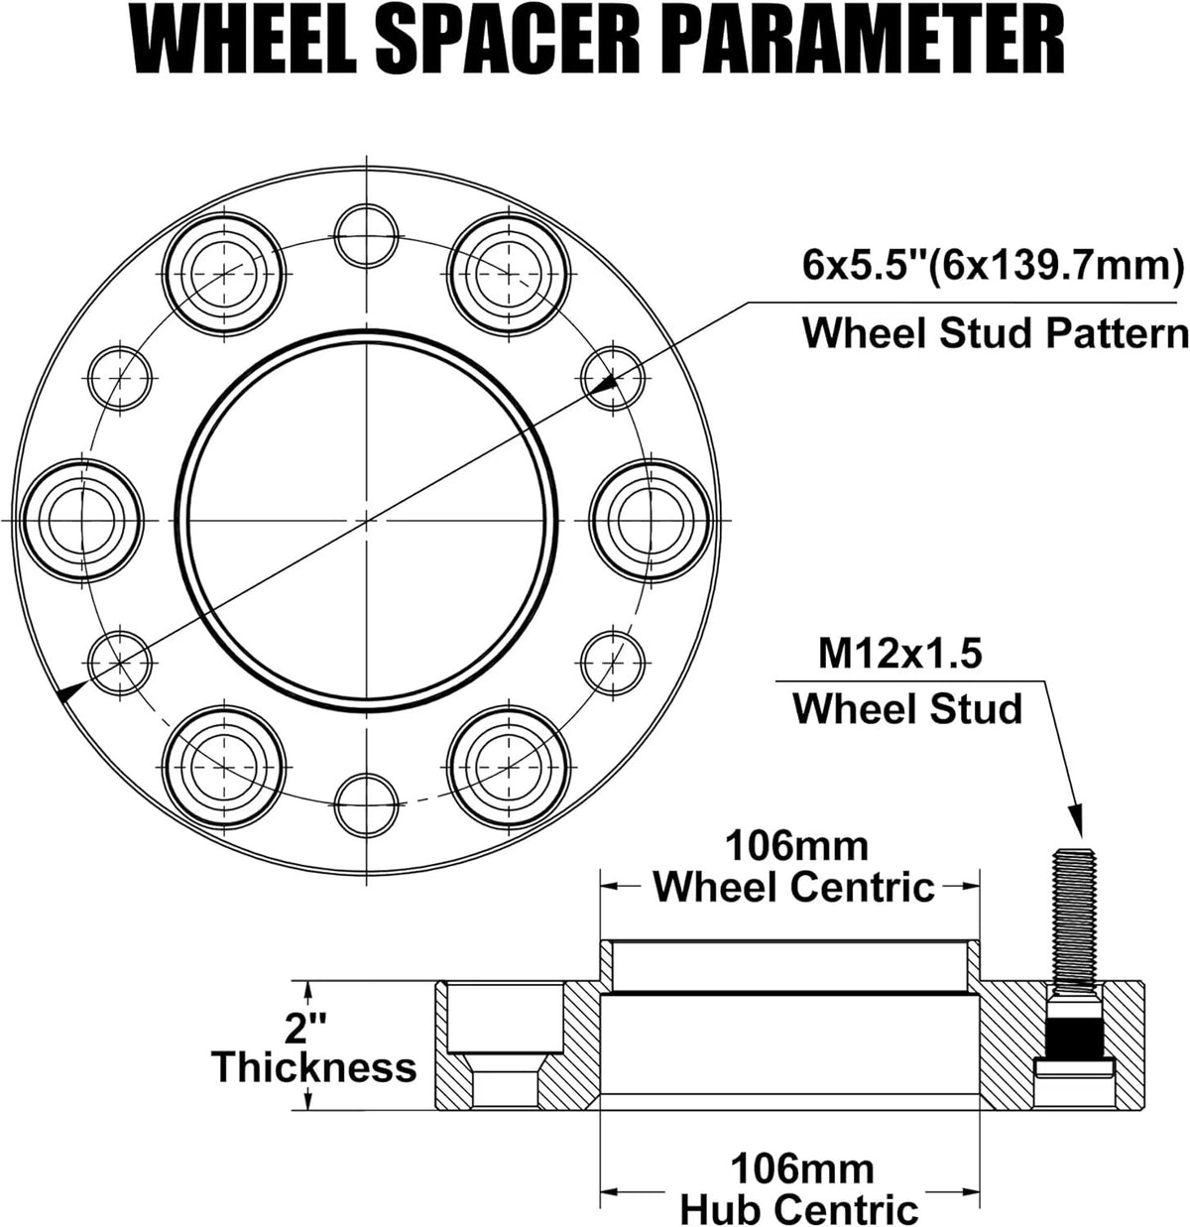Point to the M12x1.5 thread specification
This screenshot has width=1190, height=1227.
[899, 655]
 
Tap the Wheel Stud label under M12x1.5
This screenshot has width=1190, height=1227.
[907, 709]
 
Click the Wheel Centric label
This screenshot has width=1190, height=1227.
[793, 886]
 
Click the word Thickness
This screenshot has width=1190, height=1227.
[313, 1067]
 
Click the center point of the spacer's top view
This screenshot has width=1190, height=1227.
[367, 519]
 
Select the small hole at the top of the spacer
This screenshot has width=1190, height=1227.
[367, 235]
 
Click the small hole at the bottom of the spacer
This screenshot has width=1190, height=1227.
[367, 803]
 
